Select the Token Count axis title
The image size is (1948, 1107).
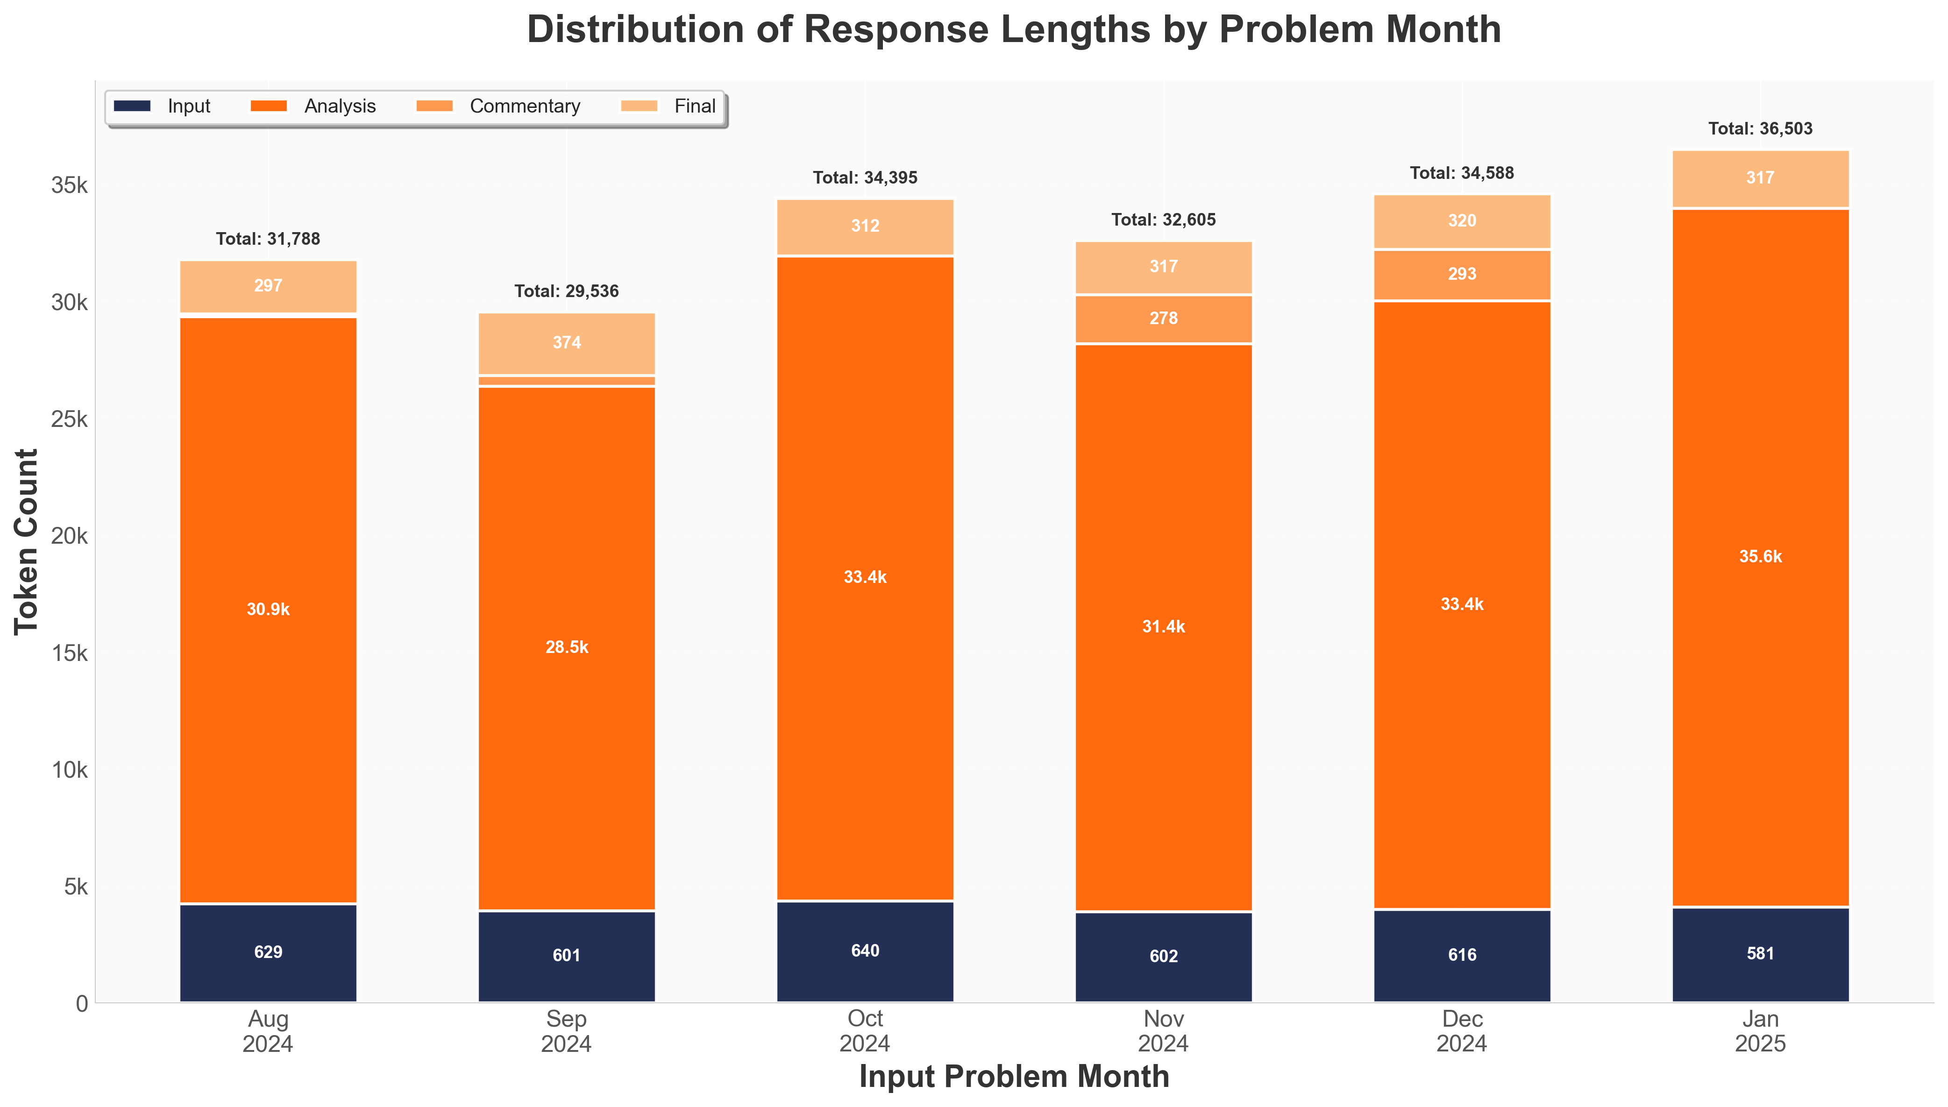coord(27,541)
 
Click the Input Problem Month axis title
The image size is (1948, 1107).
coord(1014,1077)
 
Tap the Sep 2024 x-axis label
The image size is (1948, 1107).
coord(567,1031)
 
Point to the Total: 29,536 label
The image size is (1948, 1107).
coord(567,291)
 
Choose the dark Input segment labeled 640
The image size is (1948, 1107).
coord(865,951)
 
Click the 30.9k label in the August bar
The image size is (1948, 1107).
coord(269,610)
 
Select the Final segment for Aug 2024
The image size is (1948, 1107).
coord(269,286)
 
